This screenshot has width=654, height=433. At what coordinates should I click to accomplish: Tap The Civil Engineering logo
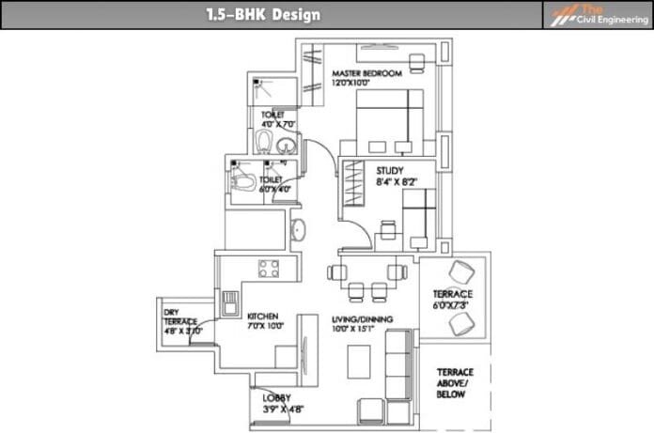pyautogui.click(x=595, y=15)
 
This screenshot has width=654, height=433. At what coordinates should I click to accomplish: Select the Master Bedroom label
pyautogui.click(x=366, y=73)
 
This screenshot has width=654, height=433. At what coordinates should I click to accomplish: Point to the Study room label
pyautogui.click(x=389, y=170)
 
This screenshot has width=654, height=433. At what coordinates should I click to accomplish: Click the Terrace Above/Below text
pyautogui.click(x=456, y=383)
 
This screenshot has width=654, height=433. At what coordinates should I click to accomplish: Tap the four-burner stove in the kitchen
pyautogui.click(x=269, y=269)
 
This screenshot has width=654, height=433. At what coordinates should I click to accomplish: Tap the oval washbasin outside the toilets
pyautogui.click(x=299, y=228)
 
